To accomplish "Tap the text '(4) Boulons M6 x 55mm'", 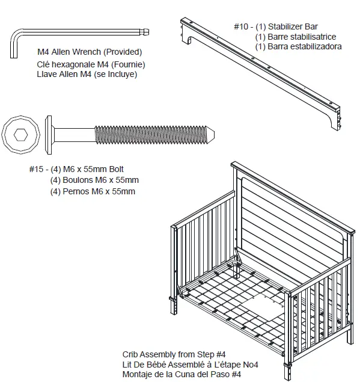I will pyautogui.click(x=94, y=180).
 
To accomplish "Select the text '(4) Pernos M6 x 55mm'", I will pyautogui.click(x=93, y=191).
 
